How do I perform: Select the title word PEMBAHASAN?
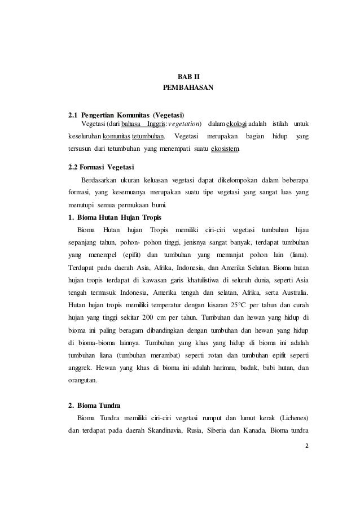coord(181,89)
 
